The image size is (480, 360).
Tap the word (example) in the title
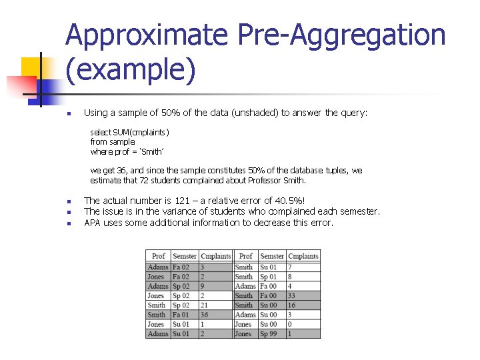coord(131,71)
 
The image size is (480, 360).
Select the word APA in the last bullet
coord(93,223)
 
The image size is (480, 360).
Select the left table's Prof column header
coord(158,256)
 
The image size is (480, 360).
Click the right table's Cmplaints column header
coord(303,256)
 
